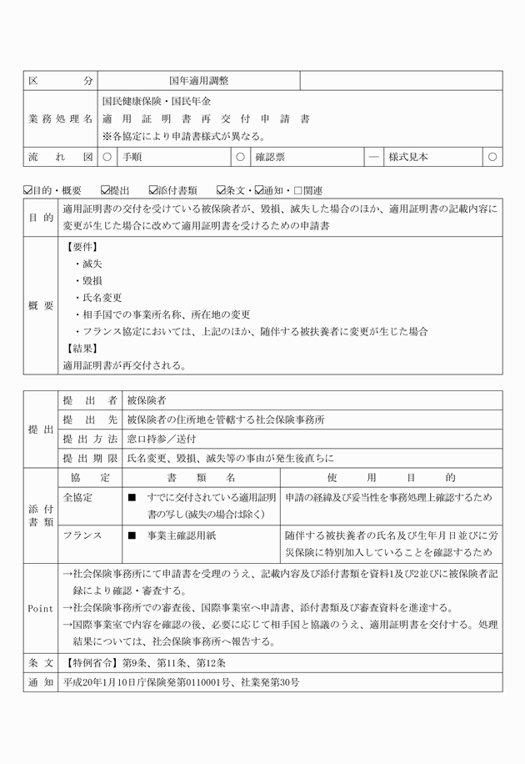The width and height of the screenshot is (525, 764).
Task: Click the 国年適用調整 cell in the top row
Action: pyautogui.click(x=198, y=81)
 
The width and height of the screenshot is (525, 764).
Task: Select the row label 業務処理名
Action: pyautogui.click(x=61, y=118)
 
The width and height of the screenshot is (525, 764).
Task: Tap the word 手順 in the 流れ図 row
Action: pyautogui.click(x=132, y=156)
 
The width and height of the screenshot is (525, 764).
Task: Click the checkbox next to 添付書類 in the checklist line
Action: pyautogui.click(x=153, y=191)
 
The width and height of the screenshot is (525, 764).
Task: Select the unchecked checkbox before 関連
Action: pyautogui.click(x=297, y=191)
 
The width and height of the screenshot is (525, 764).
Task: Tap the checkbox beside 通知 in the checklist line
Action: pyautogui.click(x=259, y=191)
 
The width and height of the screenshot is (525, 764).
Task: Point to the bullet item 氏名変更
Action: pyautogui.click(x=102, y=298)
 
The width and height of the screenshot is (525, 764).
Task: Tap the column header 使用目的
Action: pyautogui.click(x=392, y=478)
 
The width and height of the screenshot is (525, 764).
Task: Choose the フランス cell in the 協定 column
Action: pyautogui.click(x=81, y=536)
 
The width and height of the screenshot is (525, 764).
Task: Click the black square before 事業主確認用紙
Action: pyautogui.click(x=132, y=536)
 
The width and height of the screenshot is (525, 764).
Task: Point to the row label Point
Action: pyautogui.click(x=40, y=609)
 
